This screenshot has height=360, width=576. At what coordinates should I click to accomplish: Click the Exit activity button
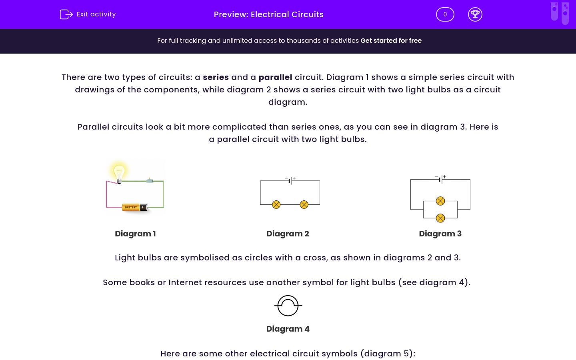[x=88, y=14]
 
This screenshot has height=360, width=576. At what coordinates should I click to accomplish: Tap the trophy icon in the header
[x=475, y=14]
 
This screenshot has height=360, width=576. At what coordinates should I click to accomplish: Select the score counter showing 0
[x=445, y=14]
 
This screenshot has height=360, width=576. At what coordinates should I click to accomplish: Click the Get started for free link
[x=391, y=40]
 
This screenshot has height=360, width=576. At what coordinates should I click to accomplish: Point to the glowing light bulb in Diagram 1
[x=119, y=173]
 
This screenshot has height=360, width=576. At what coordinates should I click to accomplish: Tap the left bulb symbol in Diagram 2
[x=276, y=205]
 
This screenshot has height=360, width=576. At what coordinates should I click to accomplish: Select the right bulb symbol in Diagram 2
[x=304, y=205]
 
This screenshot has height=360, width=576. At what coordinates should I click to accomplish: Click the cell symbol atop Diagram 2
[x=290, y=180]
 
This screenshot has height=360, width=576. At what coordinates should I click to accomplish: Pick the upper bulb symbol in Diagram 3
[x=440, y=201]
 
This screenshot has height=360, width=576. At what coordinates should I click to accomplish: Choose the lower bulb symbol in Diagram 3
[x=440, y=218]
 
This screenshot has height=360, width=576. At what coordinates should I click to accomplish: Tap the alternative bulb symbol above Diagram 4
[x=288, y=306]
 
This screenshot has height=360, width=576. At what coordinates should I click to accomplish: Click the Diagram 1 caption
[x=135, y=234]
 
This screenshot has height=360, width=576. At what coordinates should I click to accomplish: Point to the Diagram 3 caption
[x=440, y=234]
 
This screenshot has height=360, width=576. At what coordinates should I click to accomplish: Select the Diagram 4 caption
[x=288, y=329]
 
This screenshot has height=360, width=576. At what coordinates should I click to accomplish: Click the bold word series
[x=216, y=77]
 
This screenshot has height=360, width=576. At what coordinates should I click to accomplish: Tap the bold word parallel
[x=275, y=77]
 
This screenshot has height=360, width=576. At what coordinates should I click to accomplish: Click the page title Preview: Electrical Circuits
[x=269, y=14]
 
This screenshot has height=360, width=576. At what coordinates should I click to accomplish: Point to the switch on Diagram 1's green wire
[x=150, y=180]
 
